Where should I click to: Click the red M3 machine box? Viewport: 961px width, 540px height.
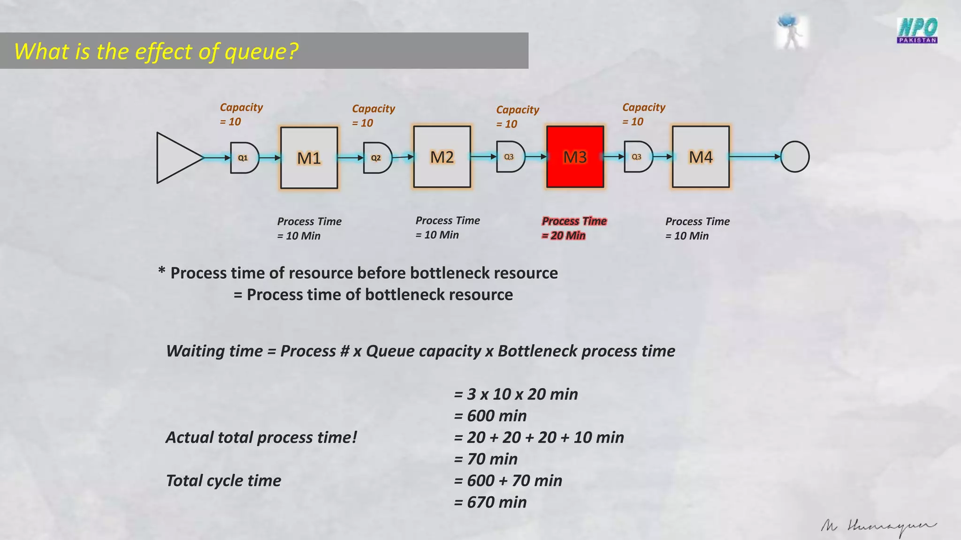(x=575, y=157)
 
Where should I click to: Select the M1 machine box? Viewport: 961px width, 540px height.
(x=309, y=157)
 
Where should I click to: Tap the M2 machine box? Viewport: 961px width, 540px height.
(x=442, y=157)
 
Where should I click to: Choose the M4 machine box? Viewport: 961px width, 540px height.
(x=701, y=157)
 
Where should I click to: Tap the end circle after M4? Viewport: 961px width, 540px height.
(x=794, y=157)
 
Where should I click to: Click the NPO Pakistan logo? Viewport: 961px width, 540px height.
(x=917, y=30)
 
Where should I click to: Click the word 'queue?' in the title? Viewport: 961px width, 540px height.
(x=261, y=51)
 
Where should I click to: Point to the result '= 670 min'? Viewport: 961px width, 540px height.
(x=490, y=502)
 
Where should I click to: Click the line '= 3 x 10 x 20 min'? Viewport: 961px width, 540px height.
(x=516, y=394)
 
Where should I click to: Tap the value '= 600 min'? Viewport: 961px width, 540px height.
(x=490, y=416)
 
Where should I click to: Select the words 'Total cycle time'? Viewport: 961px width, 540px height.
(x=223, y=480)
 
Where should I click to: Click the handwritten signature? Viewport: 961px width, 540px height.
(x=877, y=527)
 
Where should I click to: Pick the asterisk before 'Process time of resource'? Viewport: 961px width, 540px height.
(x=162, y=271)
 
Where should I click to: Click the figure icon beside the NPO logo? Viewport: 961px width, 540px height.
(x=791, y=31)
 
